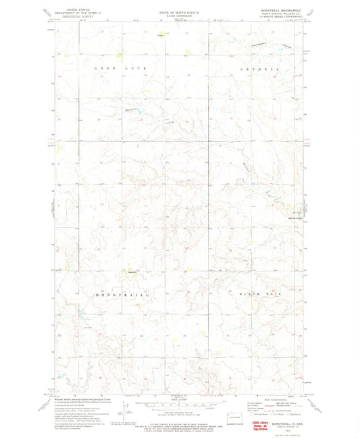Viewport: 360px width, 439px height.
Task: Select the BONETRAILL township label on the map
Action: tap(121, 294)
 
